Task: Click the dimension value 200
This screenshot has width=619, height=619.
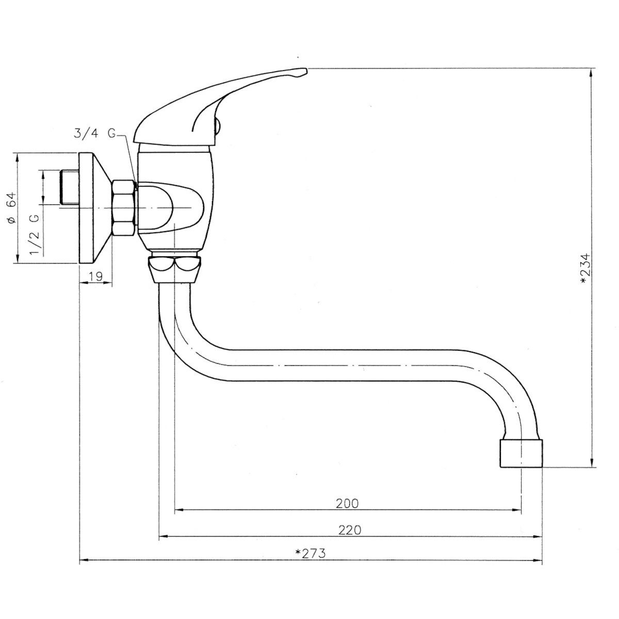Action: tap(347, 503)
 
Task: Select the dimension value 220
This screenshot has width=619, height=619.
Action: tap(350, 530)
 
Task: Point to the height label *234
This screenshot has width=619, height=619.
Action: tap(585, 269)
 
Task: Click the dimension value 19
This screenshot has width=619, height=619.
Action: tap(96, 276)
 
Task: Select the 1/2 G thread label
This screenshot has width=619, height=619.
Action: tap(36, 235)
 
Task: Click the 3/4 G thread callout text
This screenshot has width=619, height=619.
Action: tap(95, 134)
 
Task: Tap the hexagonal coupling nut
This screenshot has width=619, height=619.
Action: tap(124, 208)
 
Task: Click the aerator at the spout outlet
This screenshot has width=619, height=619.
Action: tap(522, 453)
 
